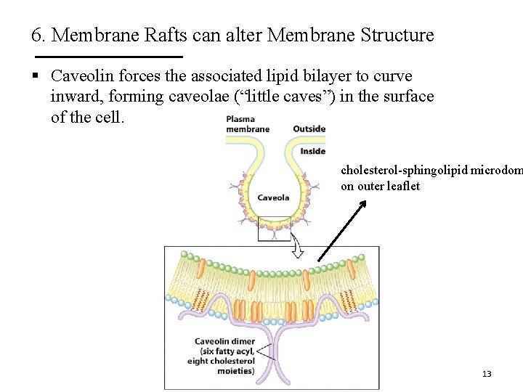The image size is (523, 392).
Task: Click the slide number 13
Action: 487,374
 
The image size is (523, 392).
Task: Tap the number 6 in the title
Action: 36,35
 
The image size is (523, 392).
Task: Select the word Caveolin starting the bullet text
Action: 81,76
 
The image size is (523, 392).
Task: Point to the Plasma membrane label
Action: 247,124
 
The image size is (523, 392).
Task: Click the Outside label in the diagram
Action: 309,129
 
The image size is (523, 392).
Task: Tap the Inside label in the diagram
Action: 313,151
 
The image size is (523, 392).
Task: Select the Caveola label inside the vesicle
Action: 273,197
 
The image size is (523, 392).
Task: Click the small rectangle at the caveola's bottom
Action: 275,228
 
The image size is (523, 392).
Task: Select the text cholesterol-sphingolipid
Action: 405,171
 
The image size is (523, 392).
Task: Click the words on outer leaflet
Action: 380,187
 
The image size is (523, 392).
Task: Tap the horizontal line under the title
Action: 109,56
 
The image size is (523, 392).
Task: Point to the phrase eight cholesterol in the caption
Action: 221,361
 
